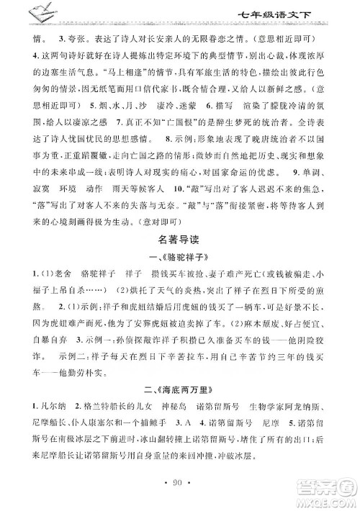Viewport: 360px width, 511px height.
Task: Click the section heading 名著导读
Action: (x=179, y=240)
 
